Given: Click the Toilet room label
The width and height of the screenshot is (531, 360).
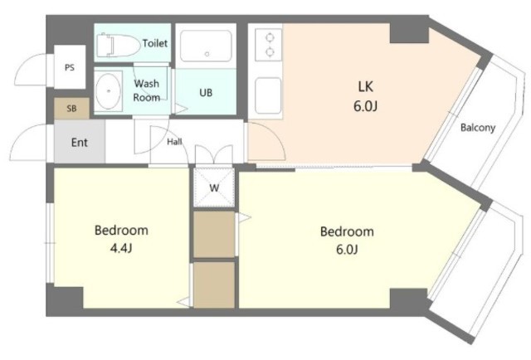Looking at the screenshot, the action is [155, 43].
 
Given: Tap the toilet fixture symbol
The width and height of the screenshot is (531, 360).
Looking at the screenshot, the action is [118, 45].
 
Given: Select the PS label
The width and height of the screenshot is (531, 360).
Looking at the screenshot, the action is [70, 68].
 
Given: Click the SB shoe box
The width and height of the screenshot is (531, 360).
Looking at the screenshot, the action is [71, 109].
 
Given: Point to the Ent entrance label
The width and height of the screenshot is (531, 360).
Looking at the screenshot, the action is [80, 143].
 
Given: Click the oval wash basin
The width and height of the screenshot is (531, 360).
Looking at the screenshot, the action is [108, 90].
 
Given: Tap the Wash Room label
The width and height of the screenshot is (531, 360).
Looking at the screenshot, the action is [147, 90].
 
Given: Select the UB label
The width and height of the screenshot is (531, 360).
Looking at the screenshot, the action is [206, 92].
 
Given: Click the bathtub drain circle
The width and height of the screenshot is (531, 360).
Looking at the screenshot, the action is [207, 54].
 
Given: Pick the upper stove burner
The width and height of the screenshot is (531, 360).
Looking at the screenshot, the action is [270, 37].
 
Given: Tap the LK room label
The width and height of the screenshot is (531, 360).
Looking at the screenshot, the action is [365, 87].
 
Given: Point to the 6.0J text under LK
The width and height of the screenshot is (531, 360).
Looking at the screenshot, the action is [365, 106].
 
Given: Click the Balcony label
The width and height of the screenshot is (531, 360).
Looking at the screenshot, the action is [478, 128].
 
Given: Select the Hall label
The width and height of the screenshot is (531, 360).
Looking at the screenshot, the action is [174, 142].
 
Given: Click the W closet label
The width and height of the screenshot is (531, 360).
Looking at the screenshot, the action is [214, 187].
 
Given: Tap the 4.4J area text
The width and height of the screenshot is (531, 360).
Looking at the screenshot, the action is [121, 249].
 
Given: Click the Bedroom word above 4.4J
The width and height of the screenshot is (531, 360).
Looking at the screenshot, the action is [121, 231].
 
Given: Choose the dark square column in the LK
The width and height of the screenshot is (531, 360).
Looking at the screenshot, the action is [409, 33].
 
